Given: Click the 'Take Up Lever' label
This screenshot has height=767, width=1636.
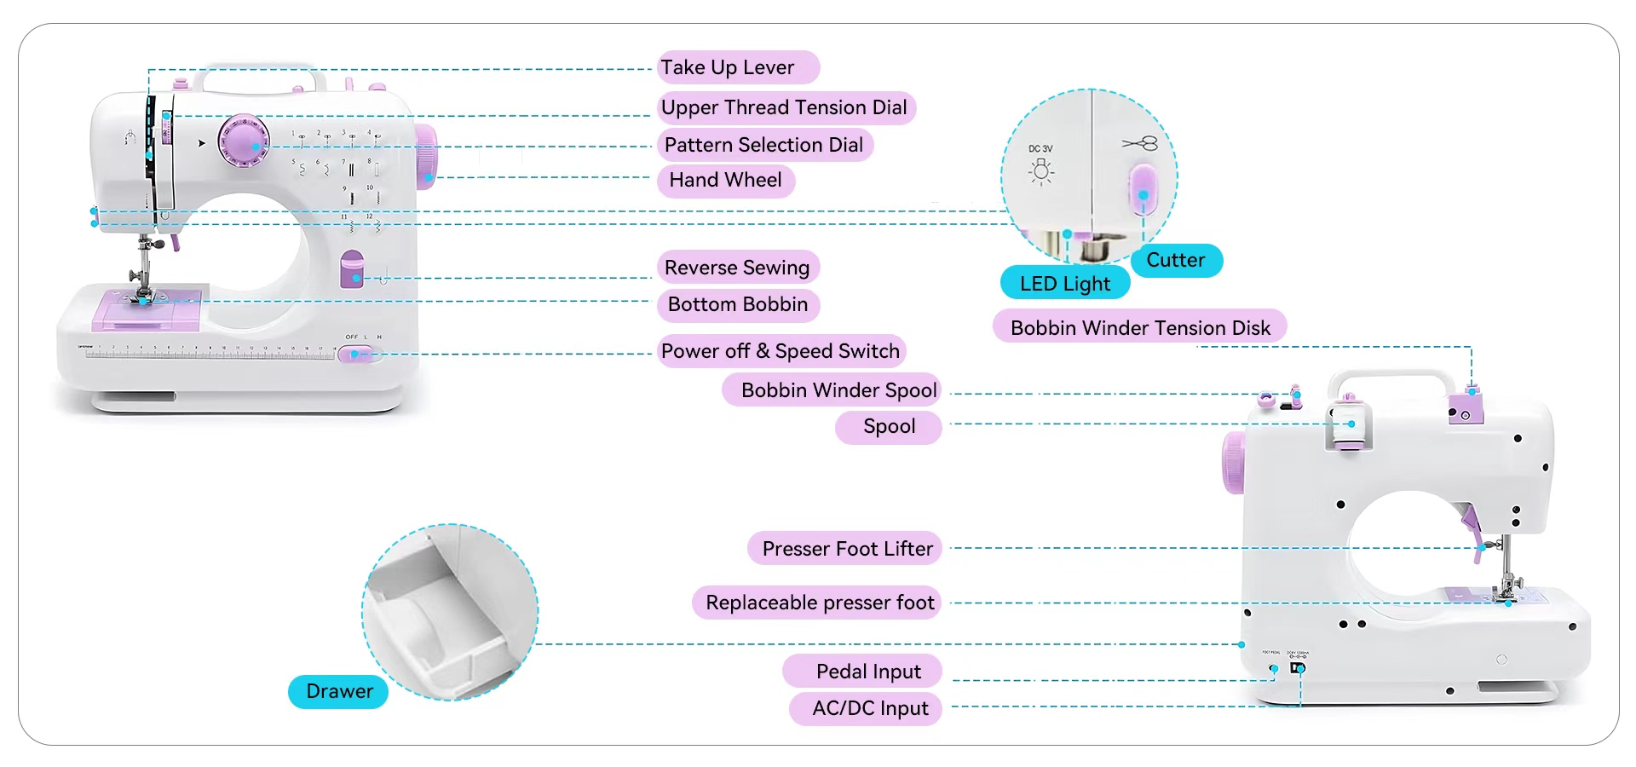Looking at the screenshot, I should (x=738, y=67).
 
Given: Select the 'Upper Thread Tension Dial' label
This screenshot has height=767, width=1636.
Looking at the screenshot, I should (x=785, y=107).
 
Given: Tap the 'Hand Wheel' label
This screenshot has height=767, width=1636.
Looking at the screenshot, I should (x=725, y=180).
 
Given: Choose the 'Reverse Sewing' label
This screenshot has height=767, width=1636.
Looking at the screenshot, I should (x=737, y=268).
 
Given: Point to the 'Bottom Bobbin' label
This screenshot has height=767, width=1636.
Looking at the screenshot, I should (x=738, y=304).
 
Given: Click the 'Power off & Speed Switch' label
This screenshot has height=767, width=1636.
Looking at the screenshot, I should (x=781, y=351).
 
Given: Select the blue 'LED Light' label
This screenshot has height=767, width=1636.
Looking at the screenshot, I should (x=1065, y=284).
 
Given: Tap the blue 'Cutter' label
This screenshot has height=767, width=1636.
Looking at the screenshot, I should (x=1176, y=260).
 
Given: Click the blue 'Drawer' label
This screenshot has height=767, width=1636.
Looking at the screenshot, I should (x=339, y=691).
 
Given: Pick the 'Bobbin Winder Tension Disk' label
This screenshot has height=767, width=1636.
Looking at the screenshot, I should (x=1140, y=328).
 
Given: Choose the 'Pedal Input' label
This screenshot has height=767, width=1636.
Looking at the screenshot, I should (x=868, y=672).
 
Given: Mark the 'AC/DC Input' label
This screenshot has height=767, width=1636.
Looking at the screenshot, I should (x=870, y=708).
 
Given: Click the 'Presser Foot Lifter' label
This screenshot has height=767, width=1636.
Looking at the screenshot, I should (x=847, y=549).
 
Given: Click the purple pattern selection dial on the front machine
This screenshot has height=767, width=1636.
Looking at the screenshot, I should (x=244, y=141).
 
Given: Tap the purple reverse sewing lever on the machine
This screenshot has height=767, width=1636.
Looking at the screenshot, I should (x=351, y=268).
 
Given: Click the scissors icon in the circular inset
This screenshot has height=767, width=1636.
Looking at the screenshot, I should (x=1140, y=143).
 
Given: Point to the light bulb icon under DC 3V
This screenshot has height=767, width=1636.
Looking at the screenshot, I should (x=1040, y=171).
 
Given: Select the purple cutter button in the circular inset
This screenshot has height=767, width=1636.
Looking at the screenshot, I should (x=1143, y=189).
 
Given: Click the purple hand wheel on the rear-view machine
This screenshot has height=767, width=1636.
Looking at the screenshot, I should (x=1232, y=462).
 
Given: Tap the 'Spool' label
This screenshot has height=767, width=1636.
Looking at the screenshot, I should (x=889, y=427).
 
